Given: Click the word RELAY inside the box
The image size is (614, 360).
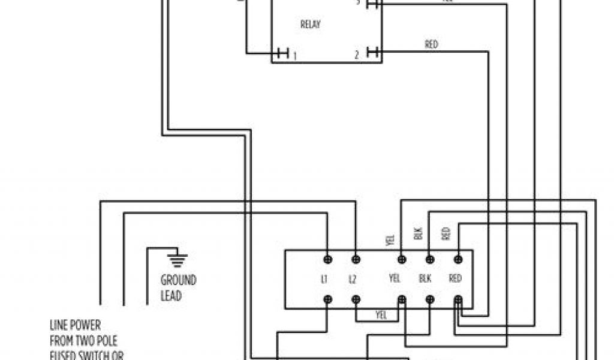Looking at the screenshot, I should tap(310, 25).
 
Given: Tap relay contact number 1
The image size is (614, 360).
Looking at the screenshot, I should tap(294, 55).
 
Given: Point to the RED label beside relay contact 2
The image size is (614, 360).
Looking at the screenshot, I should tap(431, 44).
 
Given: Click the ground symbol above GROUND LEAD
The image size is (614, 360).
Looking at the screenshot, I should tap(177, 259).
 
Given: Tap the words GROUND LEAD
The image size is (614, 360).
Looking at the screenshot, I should tap(178, 288).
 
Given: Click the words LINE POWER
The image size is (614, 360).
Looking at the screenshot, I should tap(75, 326).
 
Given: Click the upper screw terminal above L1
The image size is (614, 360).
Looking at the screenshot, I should tap(328, 259).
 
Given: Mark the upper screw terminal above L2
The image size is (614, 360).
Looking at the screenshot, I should tap(356, 259).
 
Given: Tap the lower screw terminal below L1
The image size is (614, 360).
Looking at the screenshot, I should tap(328, 299).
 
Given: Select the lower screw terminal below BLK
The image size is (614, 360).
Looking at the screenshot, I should tap(429, 299).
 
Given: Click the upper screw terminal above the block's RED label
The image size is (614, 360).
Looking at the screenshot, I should tap(458, 259).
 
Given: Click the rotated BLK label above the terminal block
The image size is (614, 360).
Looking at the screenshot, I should tap(419, 233).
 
